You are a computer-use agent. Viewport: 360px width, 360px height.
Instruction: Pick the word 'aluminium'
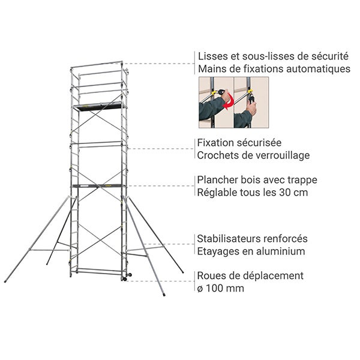coord(280,251)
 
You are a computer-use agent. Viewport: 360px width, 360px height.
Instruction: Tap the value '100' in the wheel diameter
coord(214,288)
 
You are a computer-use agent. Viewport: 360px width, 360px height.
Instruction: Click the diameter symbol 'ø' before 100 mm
coord(200,289)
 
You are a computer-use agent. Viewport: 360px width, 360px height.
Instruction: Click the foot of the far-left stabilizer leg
coord(6,281)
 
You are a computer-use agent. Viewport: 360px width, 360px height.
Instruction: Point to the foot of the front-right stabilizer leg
coord(164,295)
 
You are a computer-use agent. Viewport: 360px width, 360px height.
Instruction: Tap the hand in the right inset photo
coord(251,108)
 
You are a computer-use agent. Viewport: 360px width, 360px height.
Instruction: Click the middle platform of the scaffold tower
coord(99,186)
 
